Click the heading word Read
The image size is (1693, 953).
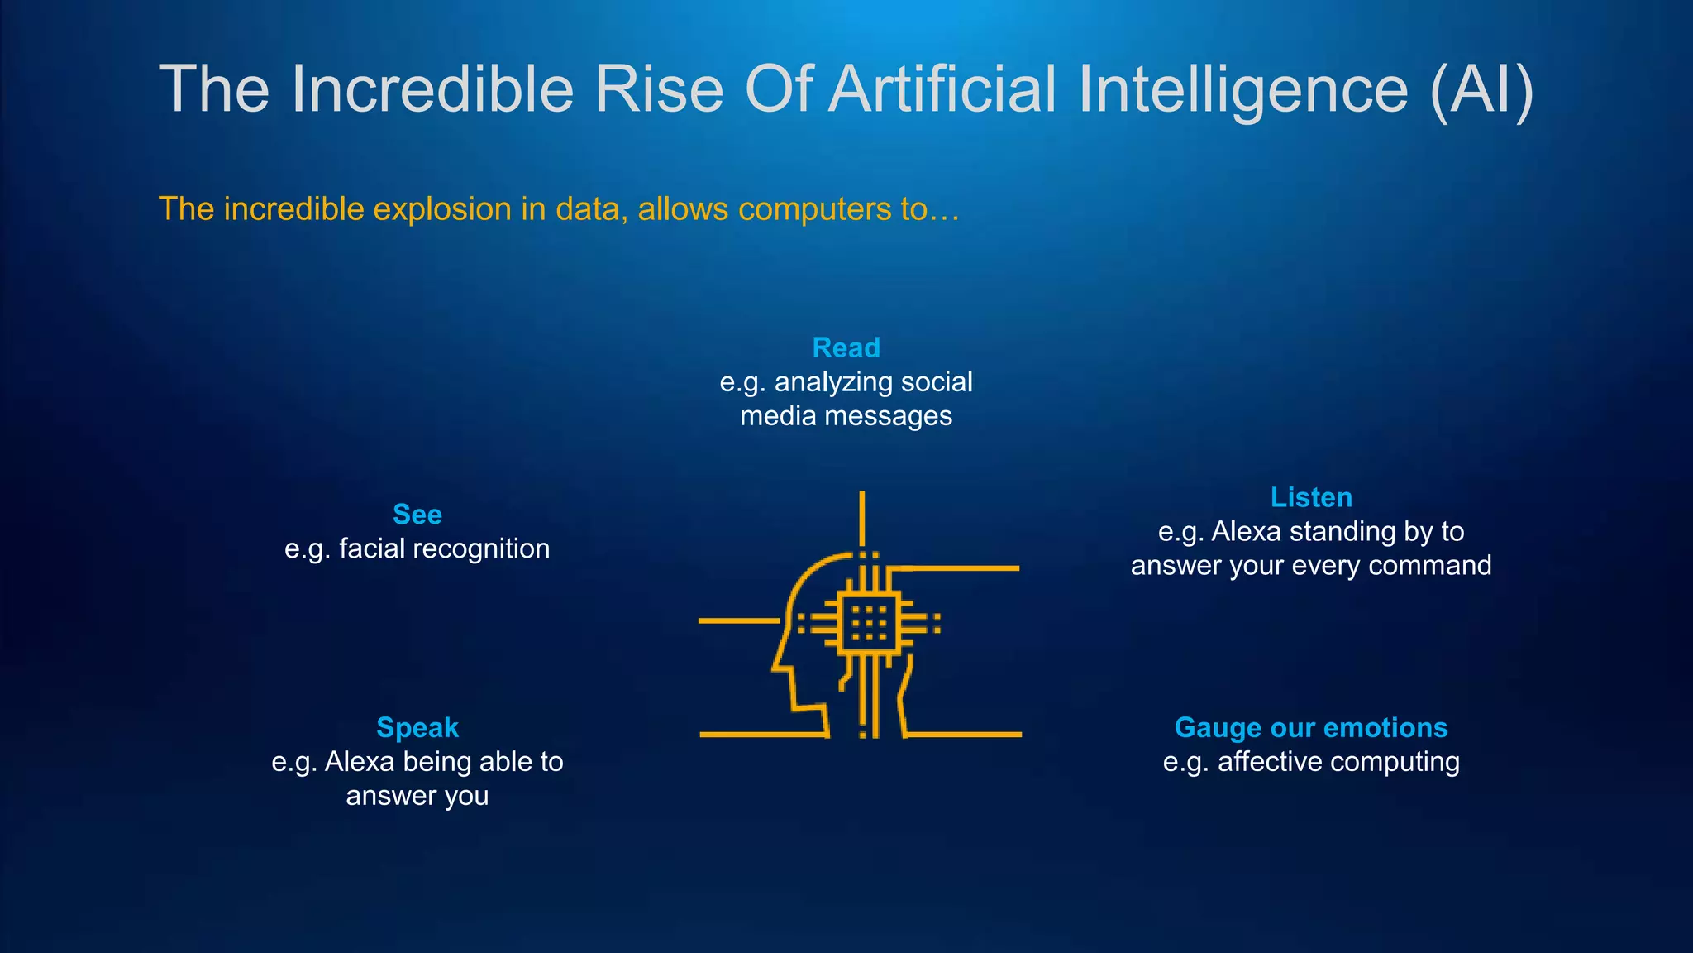coord(846,347)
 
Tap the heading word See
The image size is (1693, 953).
coord(417,515)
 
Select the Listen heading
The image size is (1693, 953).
coord(1311,497)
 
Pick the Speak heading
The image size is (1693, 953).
coord(417,727)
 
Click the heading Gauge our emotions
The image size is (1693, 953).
coord(1311,727)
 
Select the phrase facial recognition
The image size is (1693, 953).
coord(444,548)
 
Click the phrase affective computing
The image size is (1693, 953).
coord(1338,762)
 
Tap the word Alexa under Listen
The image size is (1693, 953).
coord(1246,532)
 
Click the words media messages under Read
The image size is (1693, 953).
coord(846,416)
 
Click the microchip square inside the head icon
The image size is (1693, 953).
coord(868,623)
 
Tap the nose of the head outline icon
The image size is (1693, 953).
coord(777,662)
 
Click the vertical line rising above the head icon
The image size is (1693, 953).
coord(862,517)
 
